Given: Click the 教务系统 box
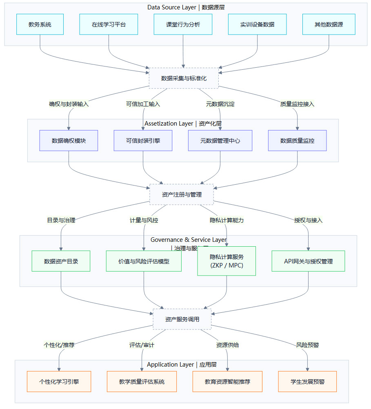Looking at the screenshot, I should tap(40, 24).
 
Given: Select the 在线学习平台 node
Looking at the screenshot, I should tap(109, 24).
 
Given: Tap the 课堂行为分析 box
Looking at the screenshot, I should tap(183, 24).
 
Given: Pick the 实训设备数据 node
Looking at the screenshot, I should tap(257, 24).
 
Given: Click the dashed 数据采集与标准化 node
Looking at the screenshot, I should tap(184, 78).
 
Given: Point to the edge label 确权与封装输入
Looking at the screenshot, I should tap(69, 104).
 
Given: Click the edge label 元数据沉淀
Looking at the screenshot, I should tap(220, 104).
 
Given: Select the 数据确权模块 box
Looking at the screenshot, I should tap(69, 141).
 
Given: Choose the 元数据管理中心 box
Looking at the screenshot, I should tap(220, 141).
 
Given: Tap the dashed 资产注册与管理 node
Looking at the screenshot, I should tap(182, 195).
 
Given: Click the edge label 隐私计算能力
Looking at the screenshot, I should tap(227, 220).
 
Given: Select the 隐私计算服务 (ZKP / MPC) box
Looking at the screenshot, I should tap(227, 261).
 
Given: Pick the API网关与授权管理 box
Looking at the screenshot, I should tap(308, 261).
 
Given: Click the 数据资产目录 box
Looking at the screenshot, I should tap(61, 261).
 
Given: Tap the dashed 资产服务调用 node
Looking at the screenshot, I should tap(182, 319).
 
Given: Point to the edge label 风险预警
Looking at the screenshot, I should tap(307, 345).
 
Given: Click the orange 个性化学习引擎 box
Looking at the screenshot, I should tap(59, 382).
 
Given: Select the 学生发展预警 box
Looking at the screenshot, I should tap(307, 382).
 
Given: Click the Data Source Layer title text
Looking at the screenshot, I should tap(185, 7).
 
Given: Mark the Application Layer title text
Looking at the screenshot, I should tap(182, 365).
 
